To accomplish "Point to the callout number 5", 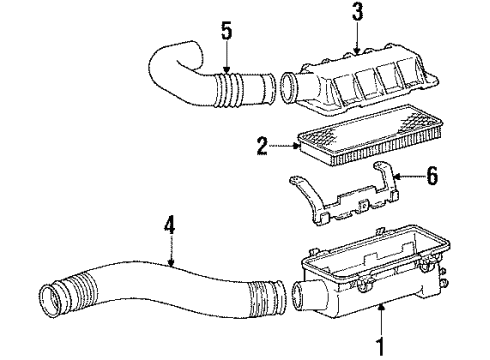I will (226, 31).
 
